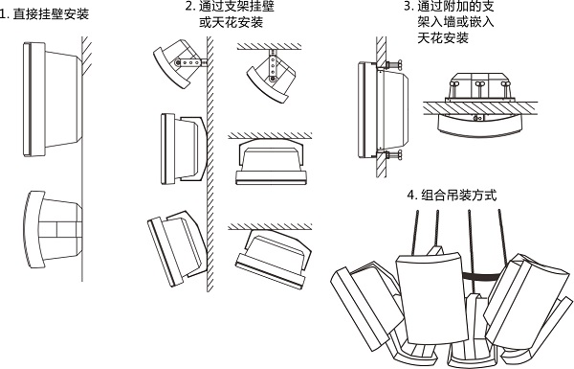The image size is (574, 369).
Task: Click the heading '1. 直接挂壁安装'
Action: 44,14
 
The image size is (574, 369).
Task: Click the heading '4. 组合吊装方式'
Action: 452,195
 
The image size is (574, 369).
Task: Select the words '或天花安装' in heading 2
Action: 231,22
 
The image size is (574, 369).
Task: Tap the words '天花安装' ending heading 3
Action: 443,37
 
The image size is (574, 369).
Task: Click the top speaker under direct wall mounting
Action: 53,99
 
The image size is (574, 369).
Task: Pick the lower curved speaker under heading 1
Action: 53,230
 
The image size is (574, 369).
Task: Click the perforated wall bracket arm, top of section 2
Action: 190,62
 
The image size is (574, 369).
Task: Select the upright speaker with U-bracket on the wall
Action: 184,149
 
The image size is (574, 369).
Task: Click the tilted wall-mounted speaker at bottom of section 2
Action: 178,248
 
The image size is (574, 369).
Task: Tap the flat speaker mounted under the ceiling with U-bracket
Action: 271,161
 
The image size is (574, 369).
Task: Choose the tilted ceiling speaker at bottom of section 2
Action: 273,259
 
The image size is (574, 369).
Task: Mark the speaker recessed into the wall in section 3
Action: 383,109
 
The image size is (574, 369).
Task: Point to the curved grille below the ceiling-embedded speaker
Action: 479,127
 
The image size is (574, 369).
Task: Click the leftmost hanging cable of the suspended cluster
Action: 415,232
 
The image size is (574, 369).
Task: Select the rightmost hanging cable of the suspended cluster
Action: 502,236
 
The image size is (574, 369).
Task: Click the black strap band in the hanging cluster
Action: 480,276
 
